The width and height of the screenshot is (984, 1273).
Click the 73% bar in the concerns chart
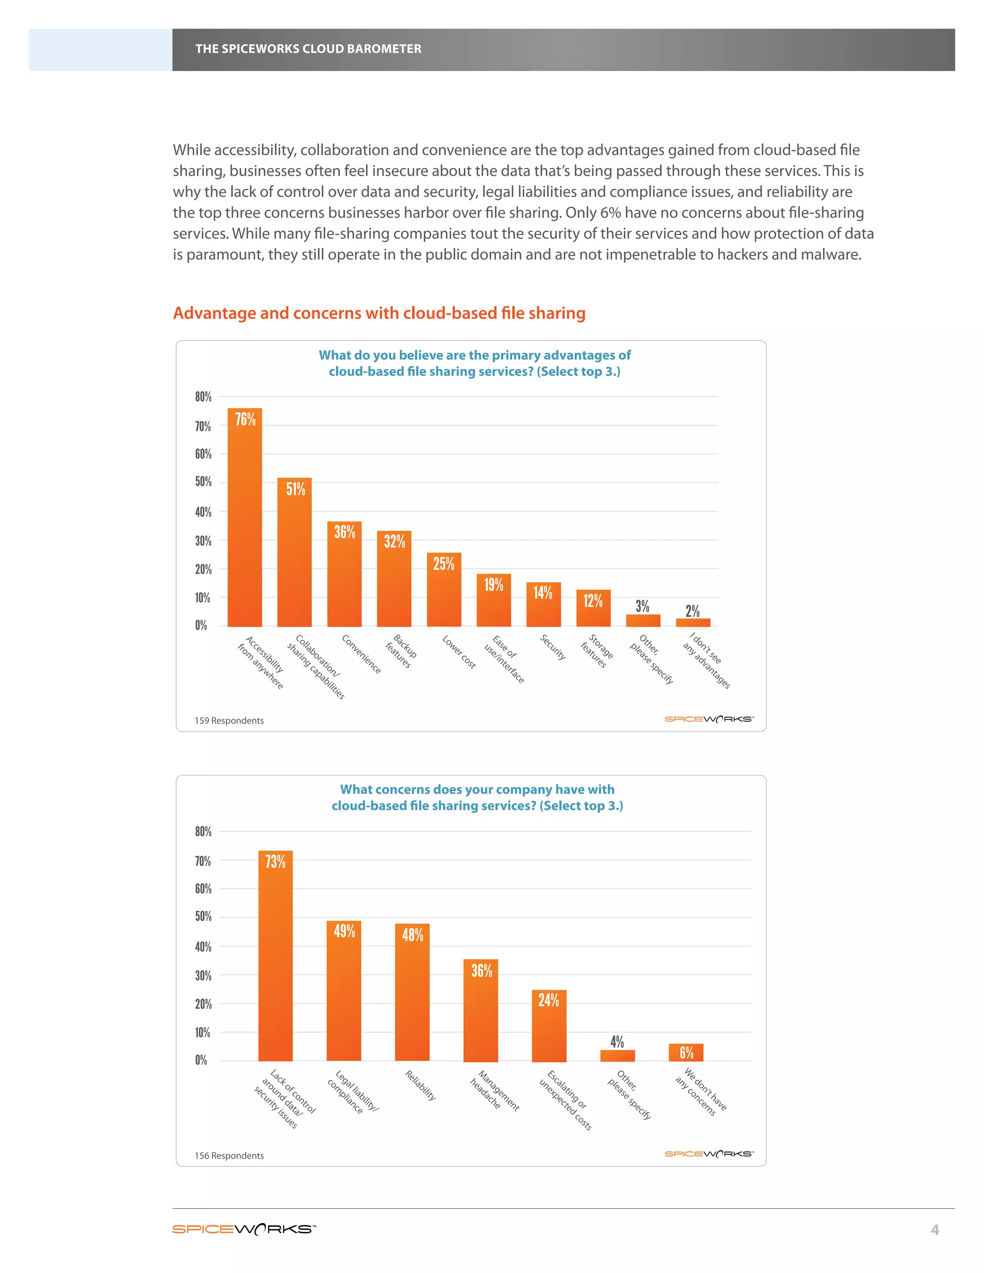coord(275,956)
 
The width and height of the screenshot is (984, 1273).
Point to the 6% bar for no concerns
coord(686,1053)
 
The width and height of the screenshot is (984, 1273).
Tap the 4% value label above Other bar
coord(617,1041)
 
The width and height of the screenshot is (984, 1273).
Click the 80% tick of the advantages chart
coord(203,397)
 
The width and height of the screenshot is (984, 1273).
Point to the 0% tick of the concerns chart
coord(201,1060)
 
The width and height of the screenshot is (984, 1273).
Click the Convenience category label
coord(361,654)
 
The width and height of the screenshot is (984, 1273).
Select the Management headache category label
coord(494,1090)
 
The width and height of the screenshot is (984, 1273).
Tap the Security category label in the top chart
coord(553,647)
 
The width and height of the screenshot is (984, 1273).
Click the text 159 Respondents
coord(229,721)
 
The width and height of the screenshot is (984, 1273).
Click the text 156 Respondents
coord(229,1155)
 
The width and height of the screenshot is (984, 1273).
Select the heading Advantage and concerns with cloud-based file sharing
coord(379,313)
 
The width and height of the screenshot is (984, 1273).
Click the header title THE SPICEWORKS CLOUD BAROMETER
coord(308,49)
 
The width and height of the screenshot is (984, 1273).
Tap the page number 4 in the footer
coord(935,1230)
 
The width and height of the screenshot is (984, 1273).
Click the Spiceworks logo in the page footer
coord(244,1229)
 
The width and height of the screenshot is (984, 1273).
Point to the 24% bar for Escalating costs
coord(549,1026)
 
